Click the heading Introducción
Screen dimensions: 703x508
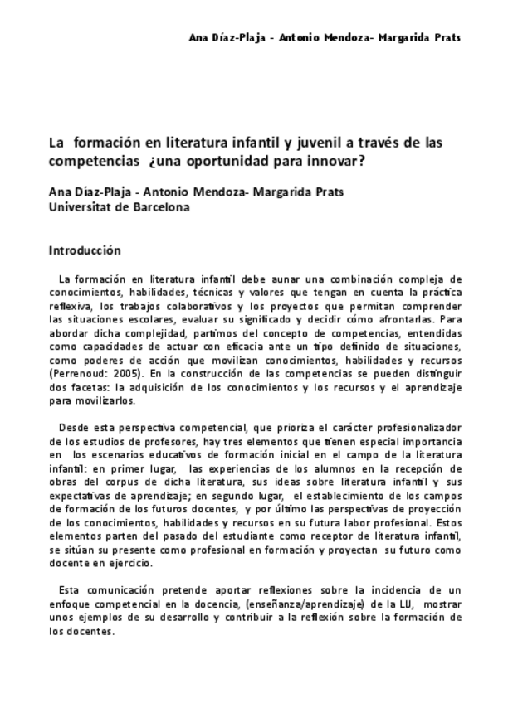tap(85, 250)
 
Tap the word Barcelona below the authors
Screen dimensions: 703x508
tap(164, 207)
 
